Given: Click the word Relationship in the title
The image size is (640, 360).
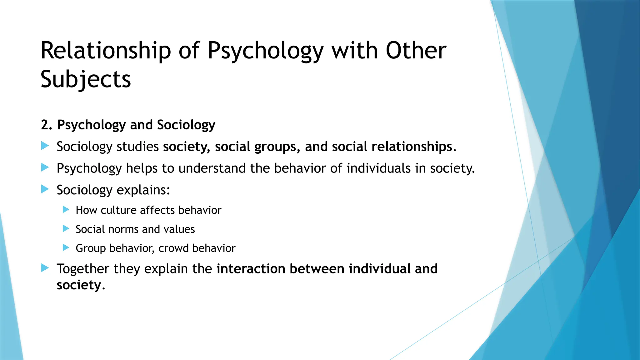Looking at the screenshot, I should point(106,51).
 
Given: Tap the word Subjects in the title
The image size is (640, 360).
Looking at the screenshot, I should point(86,79).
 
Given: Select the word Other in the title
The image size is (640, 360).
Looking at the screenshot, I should point(416,51).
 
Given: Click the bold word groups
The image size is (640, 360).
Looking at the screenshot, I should point(275,147).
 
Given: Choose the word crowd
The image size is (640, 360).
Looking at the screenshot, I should point(173,248).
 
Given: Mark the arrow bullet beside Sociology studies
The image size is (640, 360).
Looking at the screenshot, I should point(45,146).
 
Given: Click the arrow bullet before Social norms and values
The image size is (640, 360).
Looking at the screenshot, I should point(66,229).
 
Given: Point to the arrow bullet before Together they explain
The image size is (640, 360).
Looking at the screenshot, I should point(45,268).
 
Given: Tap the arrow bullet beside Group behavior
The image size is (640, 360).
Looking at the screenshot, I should point(66,248).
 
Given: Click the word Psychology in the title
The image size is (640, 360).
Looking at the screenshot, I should point(265,51).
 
